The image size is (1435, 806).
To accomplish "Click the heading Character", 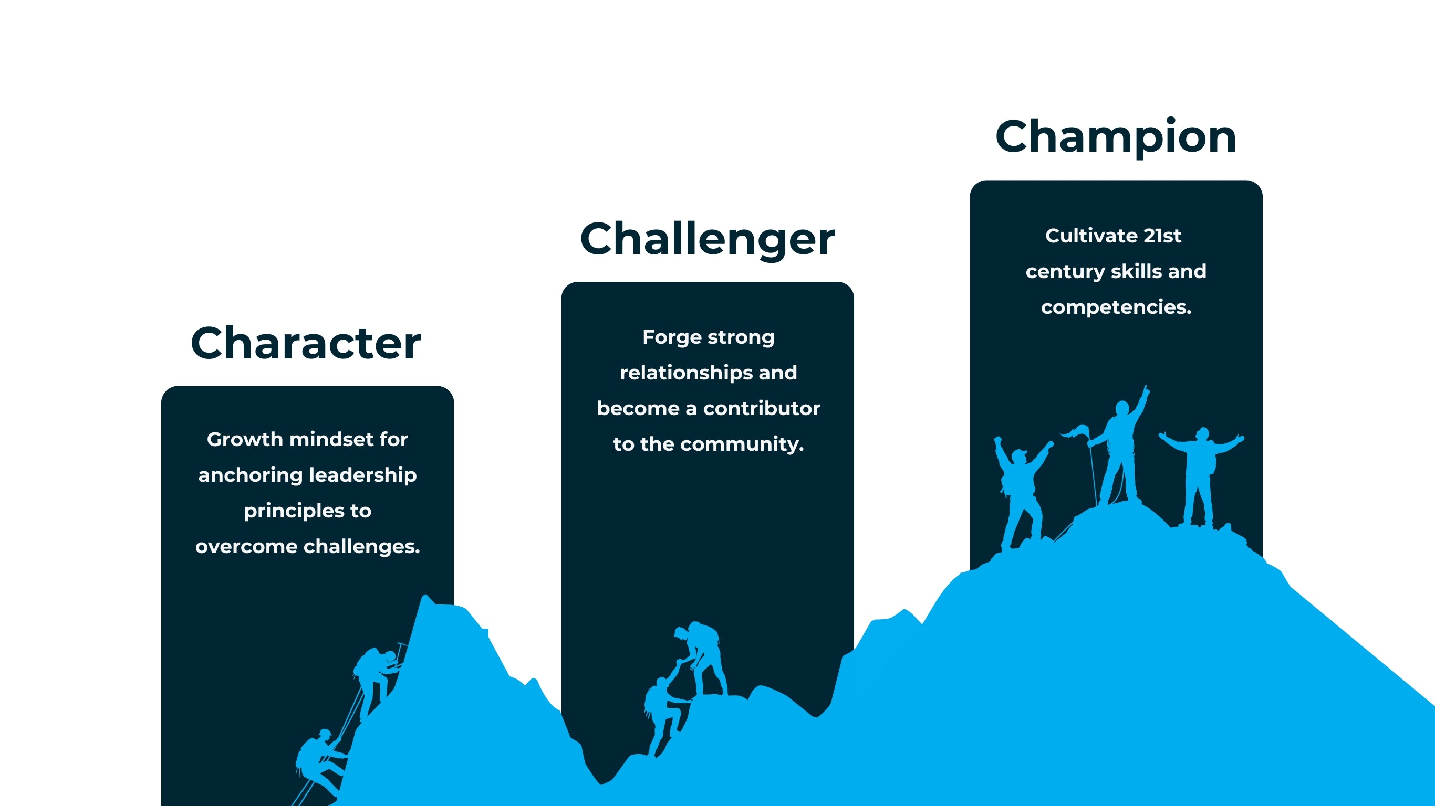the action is [x=305, y=343].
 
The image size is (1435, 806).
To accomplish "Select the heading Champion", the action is [x=1116, y=137].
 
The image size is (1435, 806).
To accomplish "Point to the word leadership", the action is [x=362, y=475].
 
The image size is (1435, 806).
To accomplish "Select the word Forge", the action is [x=672, y=337].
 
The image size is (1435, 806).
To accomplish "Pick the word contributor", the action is [x=762, y=409].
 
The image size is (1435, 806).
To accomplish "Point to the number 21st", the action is [x=1162, y=236].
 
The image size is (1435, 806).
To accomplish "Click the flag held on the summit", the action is [x=1075, y=431].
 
